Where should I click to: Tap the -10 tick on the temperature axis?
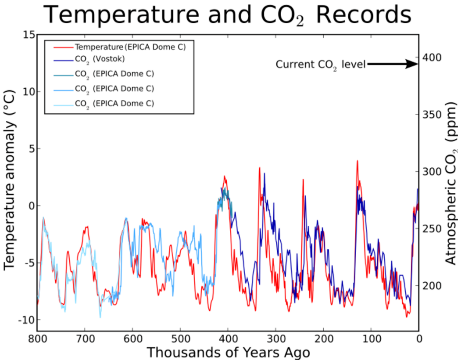coord(26,320)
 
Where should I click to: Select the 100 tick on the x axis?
coord(371,338)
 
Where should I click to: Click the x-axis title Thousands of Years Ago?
coord(228,353)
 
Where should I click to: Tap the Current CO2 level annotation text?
coord(320,65)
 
